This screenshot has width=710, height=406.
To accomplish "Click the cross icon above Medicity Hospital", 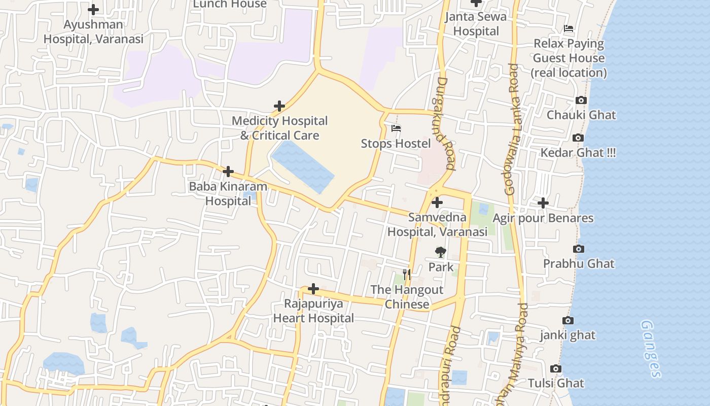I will pyautogui.click(x=279, y=106).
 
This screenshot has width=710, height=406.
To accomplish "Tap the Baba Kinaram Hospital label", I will pyautogui.click(x=228, y=193).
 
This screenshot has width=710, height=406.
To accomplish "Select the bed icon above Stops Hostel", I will pyautogui.click(x=396, y=128).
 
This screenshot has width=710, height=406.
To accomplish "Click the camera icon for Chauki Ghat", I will pyautogui.click(x=581, y=100).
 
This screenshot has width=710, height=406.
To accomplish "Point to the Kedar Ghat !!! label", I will pyautogui.click(x=578, y=153).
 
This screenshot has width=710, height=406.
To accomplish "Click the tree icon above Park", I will pyautogui.click(x=441, y=252).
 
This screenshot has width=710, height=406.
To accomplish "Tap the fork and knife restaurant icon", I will pyautogui.click(x=406, y=275).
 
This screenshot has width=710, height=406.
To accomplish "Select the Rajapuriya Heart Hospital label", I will pyautogui.click(x=313, y=311).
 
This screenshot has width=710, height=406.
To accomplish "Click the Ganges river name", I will pyautogui.click(x=650, y=349).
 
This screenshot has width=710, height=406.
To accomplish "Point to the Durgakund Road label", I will pyautogui.click(x=445, y=123).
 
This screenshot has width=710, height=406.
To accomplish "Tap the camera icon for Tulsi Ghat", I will pyautogui.click(x=556, y=368).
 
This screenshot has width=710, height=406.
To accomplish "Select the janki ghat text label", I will pyautogui.click(x=567, y=335).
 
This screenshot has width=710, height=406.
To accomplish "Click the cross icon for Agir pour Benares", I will pyautogui.click(x=543, y=203).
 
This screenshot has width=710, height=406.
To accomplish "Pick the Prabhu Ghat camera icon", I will pyautogui.click(x=578, y=249).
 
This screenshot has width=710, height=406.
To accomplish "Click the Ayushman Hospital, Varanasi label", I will pyautogui.click(x=93, y=31).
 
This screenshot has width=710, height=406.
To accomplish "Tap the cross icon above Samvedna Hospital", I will pyautogui.click(x=437, y=202).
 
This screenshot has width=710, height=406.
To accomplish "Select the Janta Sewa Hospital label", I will pyautogui.click(x=476, y=24).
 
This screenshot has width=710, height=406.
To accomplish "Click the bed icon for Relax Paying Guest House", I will pyautogui.click(x=569, y=28).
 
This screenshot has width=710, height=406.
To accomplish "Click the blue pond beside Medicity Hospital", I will pyautogui.click(x=303, y=167).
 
